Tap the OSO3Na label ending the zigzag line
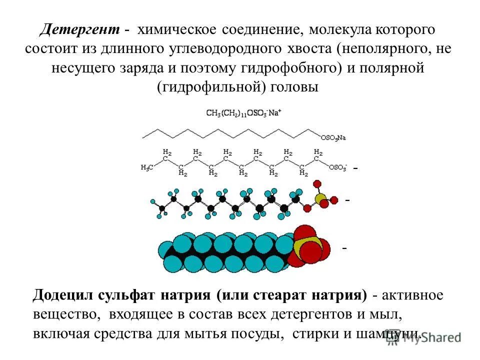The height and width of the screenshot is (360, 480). (x=333, y=136)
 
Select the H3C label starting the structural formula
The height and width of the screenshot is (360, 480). (x=147, y=168)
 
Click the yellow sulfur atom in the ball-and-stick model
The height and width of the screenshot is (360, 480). (x=320, y=198)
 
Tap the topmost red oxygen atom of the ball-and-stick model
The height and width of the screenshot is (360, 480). (x=316, y=184)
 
